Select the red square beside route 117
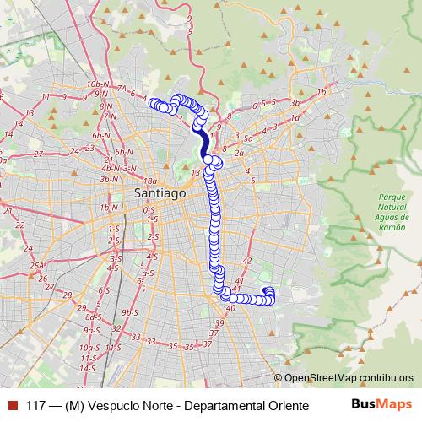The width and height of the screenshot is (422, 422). tap(11, 406)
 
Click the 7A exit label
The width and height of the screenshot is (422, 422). tap(122, 88)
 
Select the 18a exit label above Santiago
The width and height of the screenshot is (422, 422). tap(151, 181)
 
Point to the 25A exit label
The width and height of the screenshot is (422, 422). tap(37, 266)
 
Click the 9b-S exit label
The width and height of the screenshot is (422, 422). tap(128, 312)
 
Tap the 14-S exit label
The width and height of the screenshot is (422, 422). tap(87, 369)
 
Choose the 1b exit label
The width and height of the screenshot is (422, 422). tap(321, 92)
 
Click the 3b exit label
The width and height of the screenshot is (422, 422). tap(295, 103)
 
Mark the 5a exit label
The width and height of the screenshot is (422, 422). tap(248, 137)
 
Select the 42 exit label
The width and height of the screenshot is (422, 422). tap(247, 261)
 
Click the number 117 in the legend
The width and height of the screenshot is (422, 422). tap(37, 406)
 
